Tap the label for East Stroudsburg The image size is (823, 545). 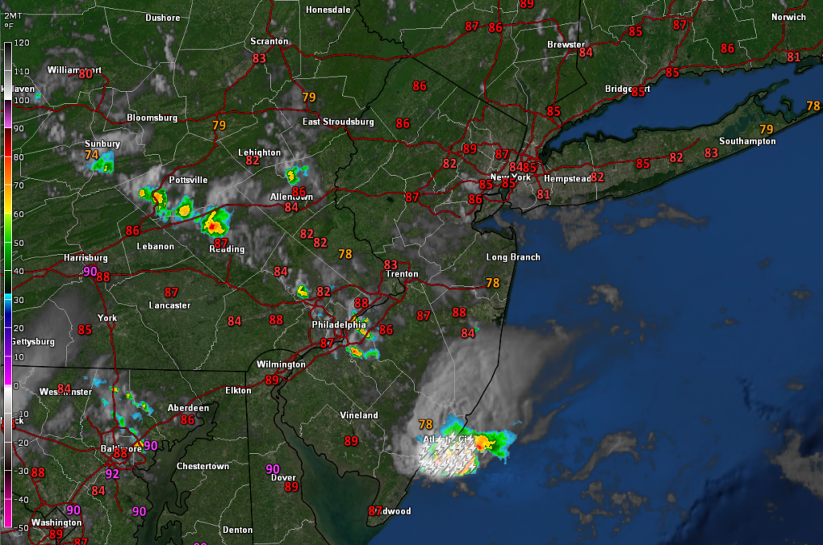coord(338,121)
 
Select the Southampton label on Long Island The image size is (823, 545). coord(747,141)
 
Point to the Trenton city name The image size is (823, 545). coord(402,274)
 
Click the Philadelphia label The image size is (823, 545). coord(340,325)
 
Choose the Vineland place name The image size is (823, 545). coord(359,416)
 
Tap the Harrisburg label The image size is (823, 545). coord(85,258)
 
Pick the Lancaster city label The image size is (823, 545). coord(169,305)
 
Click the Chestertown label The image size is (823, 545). coord(202,466)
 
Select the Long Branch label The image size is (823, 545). coord(513,257)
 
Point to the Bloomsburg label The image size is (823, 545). coord(152,117)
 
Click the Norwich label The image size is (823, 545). coord(788,17)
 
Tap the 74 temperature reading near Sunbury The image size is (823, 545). coord(92,155)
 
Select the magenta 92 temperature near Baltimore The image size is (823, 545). coord(113,474)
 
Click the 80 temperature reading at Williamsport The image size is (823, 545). coord(85,74)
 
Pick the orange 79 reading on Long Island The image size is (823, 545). coord(766,129)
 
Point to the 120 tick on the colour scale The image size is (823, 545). coord(22,42)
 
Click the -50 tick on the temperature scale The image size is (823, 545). coord(22,527)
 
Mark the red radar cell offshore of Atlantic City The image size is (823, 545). coord(484,440)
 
